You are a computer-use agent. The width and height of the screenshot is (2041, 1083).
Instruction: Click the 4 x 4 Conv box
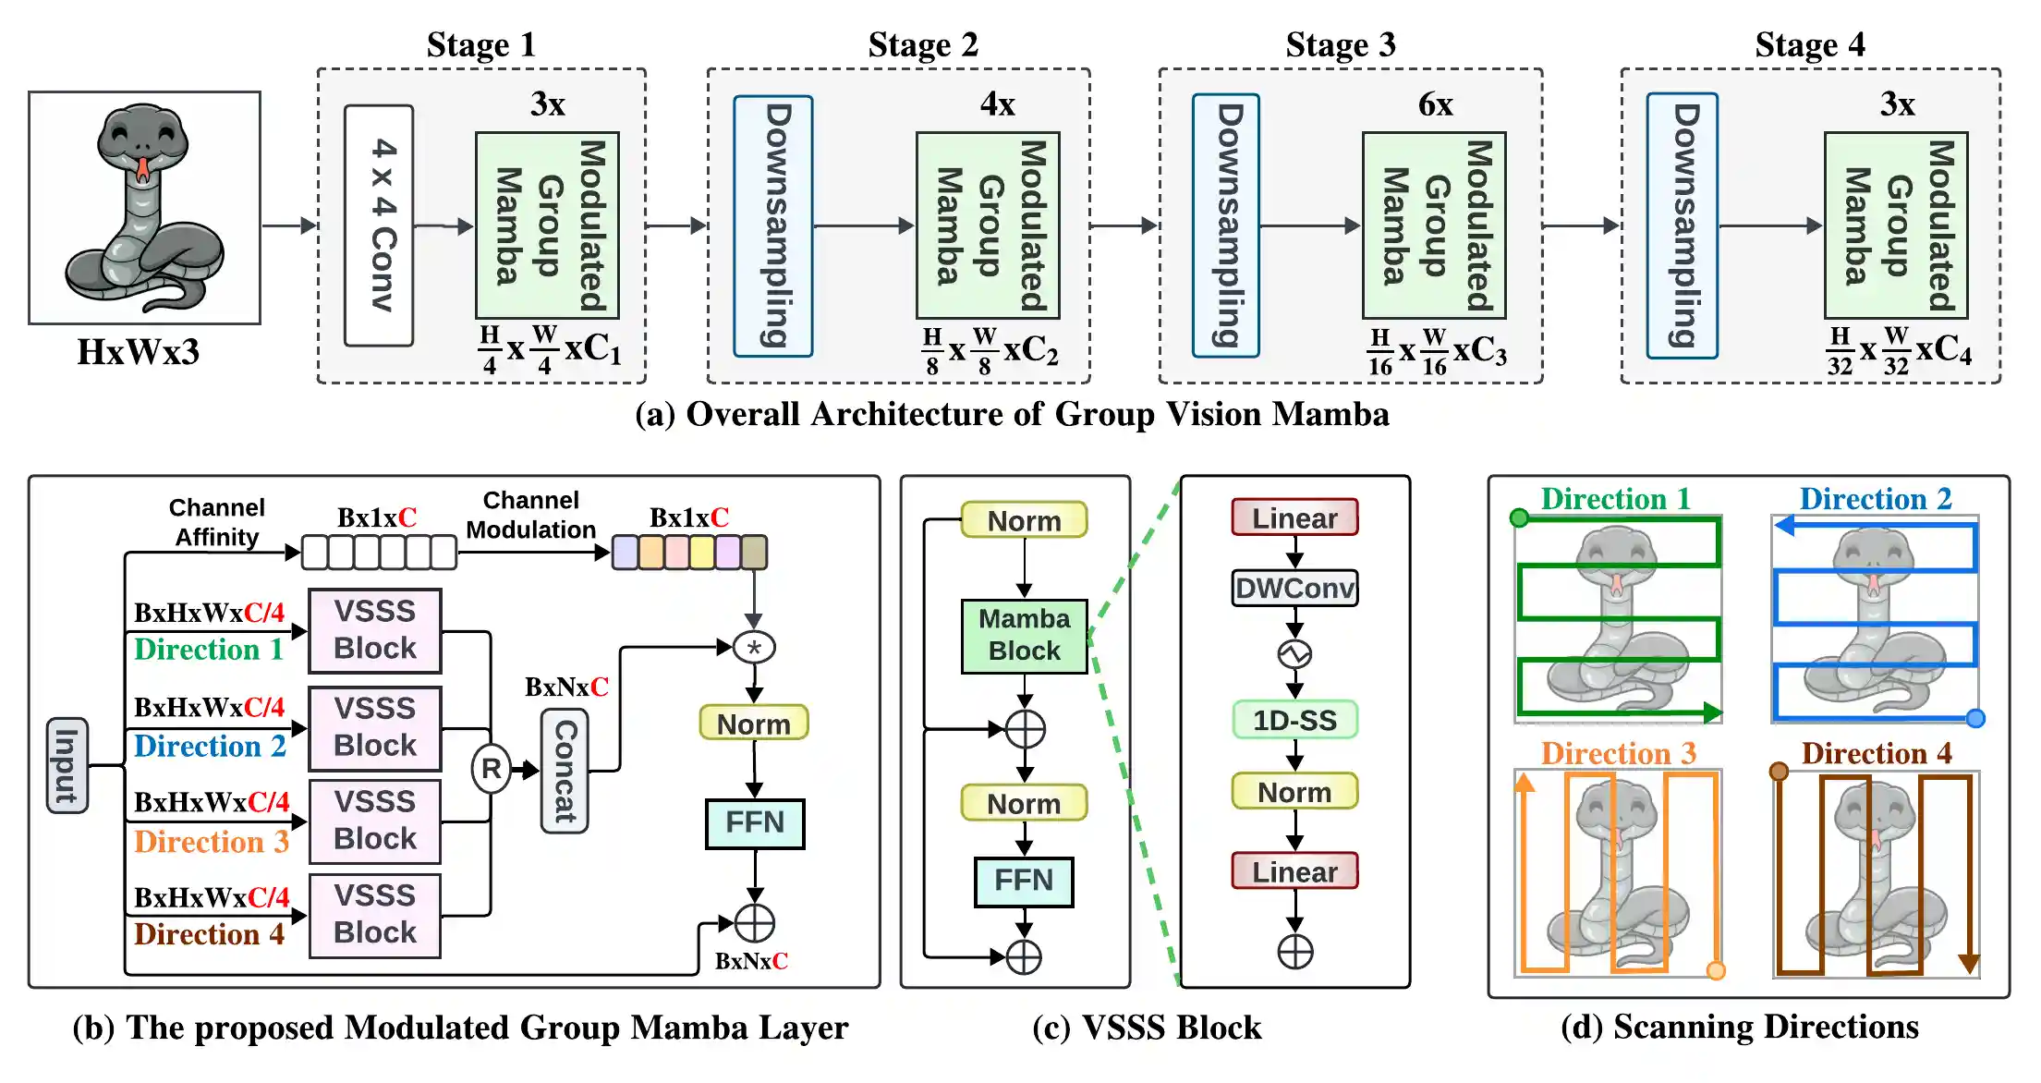pyautogui.click(x=379, y=225)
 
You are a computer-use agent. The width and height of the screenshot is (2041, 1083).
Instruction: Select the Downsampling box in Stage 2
pyautogui.click(x=773, y=225)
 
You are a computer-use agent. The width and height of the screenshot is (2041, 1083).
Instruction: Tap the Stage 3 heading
pyautogui.click(x=1340, y=44)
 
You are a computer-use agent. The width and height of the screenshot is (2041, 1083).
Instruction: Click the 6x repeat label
pyautogui.click(x=1435, y=104)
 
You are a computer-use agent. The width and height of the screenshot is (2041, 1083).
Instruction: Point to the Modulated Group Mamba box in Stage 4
pyautogui.click(x=1896, y=225)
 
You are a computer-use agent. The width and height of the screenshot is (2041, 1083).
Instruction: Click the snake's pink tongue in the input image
pyautogui.click(x=142, y=169)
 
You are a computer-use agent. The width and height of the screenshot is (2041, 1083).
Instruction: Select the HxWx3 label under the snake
pyautogui.click(x=139, y=352)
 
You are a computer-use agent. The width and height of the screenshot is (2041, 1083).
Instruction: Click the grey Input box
pyautogui.click(x=67, y=765)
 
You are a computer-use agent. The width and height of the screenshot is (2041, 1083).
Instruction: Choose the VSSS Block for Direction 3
pyautogui.click(x=375, y=821)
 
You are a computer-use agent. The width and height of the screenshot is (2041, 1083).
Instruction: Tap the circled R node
pyautogui.click(x=492, y=769)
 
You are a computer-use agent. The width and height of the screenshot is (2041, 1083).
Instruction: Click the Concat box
pyautogui.click(x=565, y=771)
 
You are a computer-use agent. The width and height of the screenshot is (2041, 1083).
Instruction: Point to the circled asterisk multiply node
pyautogui.click(x=754, y=647)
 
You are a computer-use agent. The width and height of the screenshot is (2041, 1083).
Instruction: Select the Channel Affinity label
pyautogui.click(x=217, y=522)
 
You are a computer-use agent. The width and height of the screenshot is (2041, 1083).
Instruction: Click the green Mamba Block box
pyautogui.click(x=1024, y=635)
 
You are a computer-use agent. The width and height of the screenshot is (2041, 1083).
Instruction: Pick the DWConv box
pyautogui.click(x=1294, y=588)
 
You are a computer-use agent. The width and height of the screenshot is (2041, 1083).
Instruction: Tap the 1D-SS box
pyautogui.click(x=1294, y=720)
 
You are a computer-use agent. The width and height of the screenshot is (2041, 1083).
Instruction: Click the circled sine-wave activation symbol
pyautogui.click(x=1294, y=654)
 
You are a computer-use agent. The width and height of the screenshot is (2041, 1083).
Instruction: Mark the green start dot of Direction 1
pyautogui.click(x=1519, y=517)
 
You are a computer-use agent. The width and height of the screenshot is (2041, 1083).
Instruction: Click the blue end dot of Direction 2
pyautogui.click(x=1975, y=718)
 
